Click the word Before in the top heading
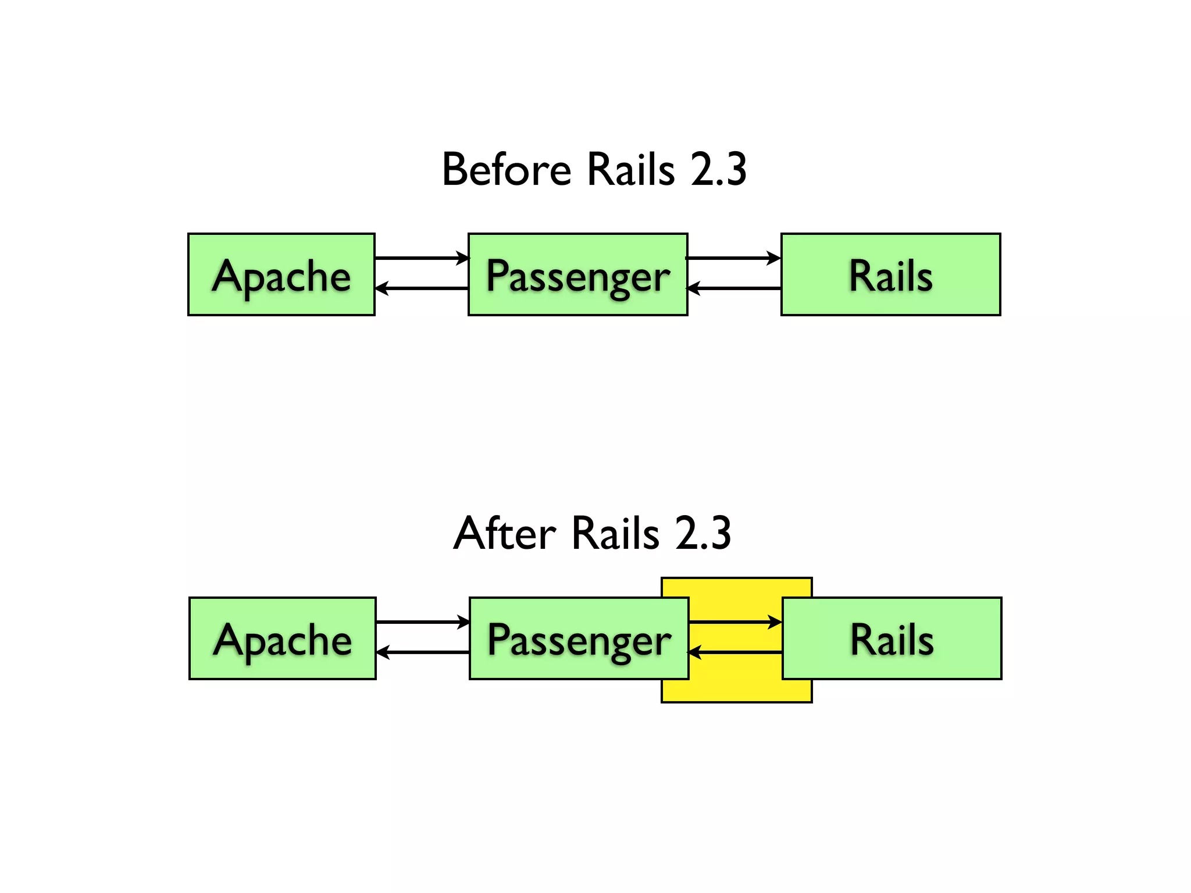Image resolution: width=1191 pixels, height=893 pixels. click(x=507, y=170)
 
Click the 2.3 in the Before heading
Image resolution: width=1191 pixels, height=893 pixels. click(x=718, y=170)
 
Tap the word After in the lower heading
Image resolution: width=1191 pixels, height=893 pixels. click(x=505, y=533)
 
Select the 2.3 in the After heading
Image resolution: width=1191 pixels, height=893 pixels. click(x=703, y=533)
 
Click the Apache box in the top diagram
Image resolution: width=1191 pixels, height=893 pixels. click(x=281, y=275)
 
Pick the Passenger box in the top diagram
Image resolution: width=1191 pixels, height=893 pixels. click(x=577, y=275)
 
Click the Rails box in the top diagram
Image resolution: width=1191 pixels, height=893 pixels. click(x=890, y=275)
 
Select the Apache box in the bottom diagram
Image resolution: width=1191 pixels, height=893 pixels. click(x=283, y=638)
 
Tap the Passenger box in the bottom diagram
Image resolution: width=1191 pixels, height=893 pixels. click(x=579, y=638)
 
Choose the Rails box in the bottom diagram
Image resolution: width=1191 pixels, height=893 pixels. click(x=892, y=638)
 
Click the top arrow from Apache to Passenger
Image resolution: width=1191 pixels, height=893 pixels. click(x=422, y=258)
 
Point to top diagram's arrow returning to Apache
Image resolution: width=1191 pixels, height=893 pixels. click(x=422, y=288)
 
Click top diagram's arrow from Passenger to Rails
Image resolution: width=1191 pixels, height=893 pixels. click(x=734, y=258)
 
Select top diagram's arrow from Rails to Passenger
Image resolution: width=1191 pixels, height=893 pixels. click(x=734, y=288)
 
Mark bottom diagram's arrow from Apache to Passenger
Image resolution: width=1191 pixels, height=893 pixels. click(x=423, y=622)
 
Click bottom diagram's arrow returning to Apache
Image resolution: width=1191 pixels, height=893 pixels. click(x=423, y=652)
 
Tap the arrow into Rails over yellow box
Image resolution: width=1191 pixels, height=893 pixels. click(x=736, y=622)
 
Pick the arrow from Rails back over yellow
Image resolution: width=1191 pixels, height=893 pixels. click(x=736, y=652)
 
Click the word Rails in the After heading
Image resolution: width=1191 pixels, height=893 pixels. click(x=615, y=533)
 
